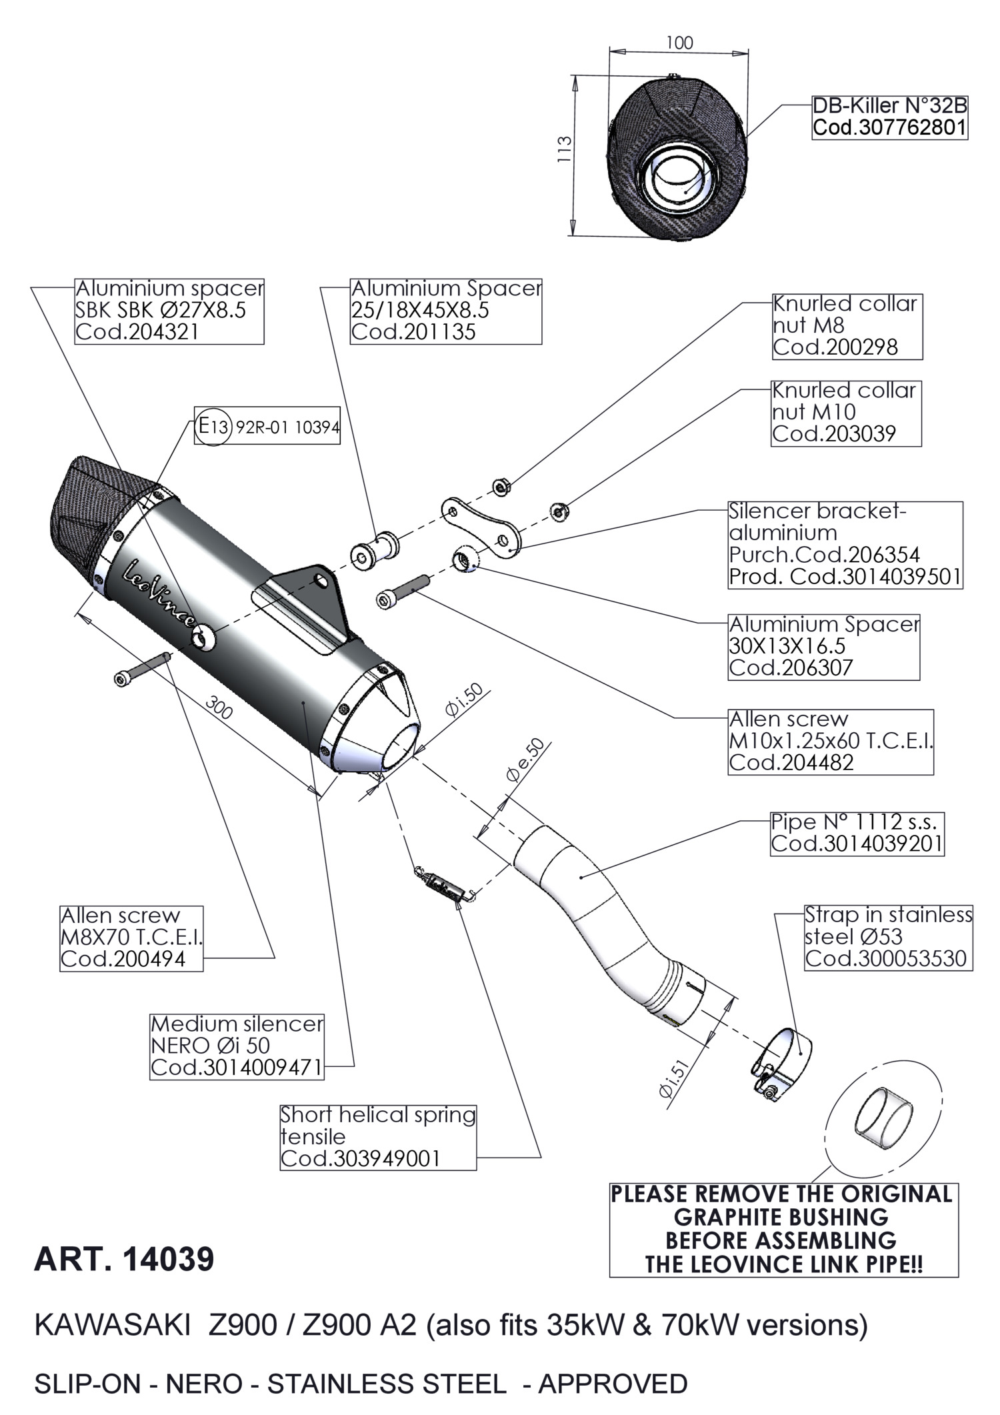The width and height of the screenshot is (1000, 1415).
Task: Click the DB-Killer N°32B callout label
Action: coord(889,117)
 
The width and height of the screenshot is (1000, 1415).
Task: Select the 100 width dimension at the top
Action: coord(679,43)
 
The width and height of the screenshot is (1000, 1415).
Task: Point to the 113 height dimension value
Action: coord(564,149)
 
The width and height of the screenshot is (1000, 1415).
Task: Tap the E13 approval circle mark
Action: coord(213,425)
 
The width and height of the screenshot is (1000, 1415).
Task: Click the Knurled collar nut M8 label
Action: coord(847,326)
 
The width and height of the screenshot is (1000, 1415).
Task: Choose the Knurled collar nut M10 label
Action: coord(846,412)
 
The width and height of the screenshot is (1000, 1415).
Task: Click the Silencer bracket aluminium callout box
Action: coord(845,544)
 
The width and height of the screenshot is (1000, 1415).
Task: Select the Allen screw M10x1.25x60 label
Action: coord(830,741)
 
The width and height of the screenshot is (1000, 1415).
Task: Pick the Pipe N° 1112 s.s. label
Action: coord(857,833)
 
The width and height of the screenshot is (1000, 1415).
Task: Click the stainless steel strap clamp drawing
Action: coord(779,1061)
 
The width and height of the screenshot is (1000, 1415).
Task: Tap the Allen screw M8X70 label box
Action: coord(131,938)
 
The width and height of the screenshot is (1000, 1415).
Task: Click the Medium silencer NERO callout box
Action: coord(237,1046)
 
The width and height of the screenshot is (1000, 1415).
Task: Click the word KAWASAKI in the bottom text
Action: coord(112,1325)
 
